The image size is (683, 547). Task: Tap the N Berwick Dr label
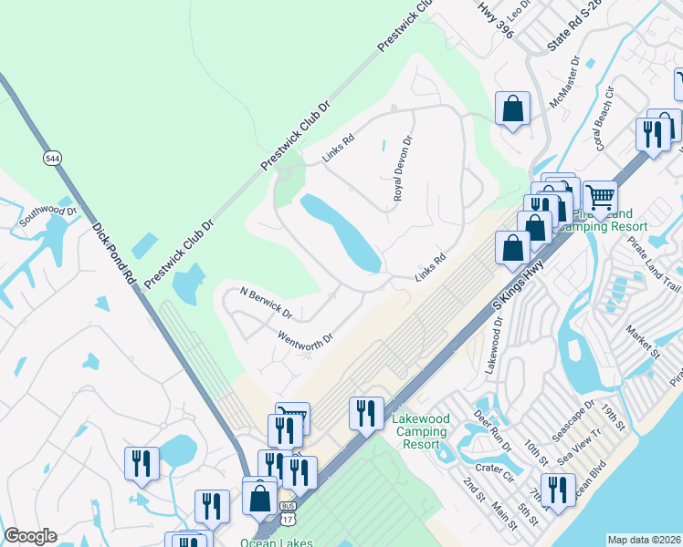tap(265, 303)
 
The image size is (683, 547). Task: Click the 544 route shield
tap(51, 158)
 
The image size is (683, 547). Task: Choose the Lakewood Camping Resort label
tap(420, 431)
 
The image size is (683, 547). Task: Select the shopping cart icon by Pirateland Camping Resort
tap(600, 196)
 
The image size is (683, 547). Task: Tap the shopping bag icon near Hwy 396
tap(513, 108)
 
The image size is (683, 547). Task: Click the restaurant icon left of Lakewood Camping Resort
tap(365, 412)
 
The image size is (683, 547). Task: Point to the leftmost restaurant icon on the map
tap(142, 463)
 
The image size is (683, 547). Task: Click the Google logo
tap(30, 536)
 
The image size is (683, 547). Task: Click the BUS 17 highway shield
tap(289, 512)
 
